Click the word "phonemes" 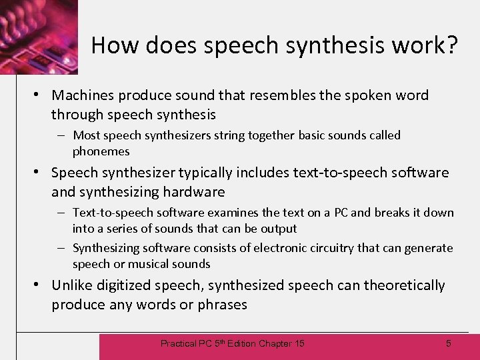coord(101,151)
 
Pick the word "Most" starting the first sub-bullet coord(87,135)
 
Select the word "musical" coord(147,264)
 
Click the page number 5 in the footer coord(448,343)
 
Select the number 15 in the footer coord(299,343)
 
